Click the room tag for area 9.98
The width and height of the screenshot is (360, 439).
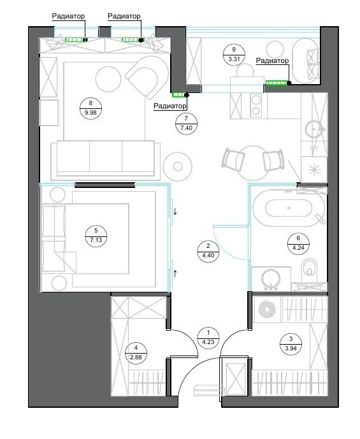click(x=90, y=108)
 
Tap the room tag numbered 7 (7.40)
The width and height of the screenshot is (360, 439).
click(x=187, y=123)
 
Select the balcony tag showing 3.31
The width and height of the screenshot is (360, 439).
click(x=234, y=55)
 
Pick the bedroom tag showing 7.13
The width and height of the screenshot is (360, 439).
click(x=96, y=236)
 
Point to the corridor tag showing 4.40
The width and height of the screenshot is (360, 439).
click(x=208, y=251)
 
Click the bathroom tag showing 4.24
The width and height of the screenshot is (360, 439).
click(x=298, y=243)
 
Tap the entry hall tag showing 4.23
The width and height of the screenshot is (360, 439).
click(x=208, y=337)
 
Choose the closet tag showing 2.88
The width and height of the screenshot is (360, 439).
click(x=136, y=353)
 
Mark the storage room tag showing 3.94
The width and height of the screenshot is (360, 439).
click(x=291, y=344)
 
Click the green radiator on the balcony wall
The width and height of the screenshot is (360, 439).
click(x=277, y=83)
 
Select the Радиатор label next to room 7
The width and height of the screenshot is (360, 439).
click(x=169, y=106)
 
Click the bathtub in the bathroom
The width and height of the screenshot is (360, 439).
click(x=289, y=208)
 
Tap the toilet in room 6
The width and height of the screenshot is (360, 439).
click(x=309, y=267)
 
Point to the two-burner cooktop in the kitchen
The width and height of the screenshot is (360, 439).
click(x=256, y=105)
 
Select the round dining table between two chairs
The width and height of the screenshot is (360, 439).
click(x=253, y=163)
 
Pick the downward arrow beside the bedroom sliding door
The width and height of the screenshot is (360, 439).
click(x=175, y=211)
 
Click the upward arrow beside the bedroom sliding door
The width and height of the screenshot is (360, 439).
click(x=175, y=273)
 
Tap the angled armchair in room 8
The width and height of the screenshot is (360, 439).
click(x=145, y=76)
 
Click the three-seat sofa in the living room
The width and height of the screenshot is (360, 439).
click(x=106, y=160)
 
